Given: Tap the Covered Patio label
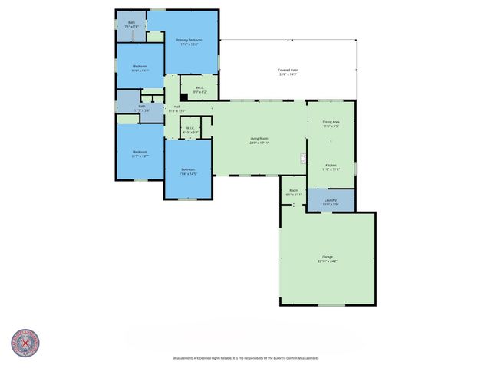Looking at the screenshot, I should [x=288, y=71].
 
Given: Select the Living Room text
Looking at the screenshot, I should [x=259, y=139].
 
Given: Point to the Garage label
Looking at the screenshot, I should [x=328, y=257].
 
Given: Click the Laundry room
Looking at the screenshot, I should [x=331, y=201].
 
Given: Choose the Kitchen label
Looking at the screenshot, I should [x=331, y=165].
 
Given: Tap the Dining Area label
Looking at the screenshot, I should [x=331, y=122].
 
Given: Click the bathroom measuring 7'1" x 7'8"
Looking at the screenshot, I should [x=131, y=25].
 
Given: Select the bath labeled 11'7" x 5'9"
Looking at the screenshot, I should [x=142, y=108].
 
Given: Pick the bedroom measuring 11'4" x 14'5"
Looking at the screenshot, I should [x=188, y=171].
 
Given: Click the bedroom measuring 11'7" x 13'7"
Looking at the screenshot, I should [x=140, y=153].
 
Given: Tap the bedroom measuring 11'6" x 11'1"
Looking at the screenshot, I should [x=140, y=67].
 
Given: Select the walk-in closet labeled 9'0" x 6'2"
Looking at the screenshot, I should [x=199, y=89].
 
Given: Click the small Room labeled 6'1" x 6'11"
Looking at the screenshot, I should [x=293, y=192].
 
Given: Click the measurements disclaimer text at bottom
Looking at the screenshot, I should [x=245, y=358].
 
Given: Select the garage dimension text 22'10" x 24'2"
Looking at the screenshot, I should [x=328, y=261].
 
